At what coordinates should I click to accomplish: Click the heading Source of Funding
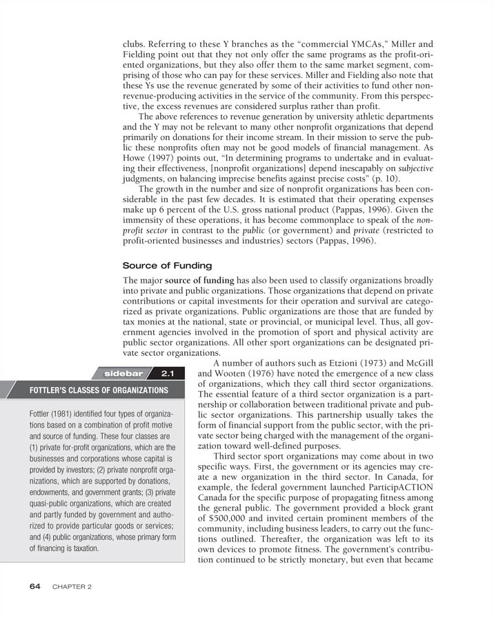tap(167, 266)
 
